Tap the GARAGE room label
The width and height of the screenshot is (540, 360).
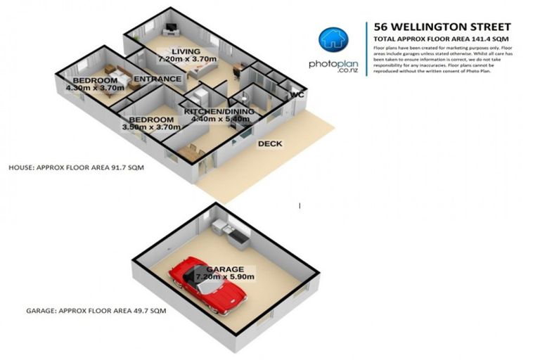click(x=225, y=269)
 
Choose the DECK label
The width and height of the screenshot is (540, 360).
click(x=270, y=144)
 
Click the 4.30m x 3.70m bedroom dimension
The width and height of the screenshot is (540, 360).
click(x=94, y=89)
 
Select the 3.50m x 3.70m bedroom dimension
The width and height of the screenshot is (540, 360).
click(x=148, y=127)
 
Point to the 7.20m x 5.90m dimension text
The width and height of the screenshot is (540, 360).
click(x=225, y=277)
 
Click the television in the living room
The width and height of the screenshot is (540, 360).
click(x=172, y=29)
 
